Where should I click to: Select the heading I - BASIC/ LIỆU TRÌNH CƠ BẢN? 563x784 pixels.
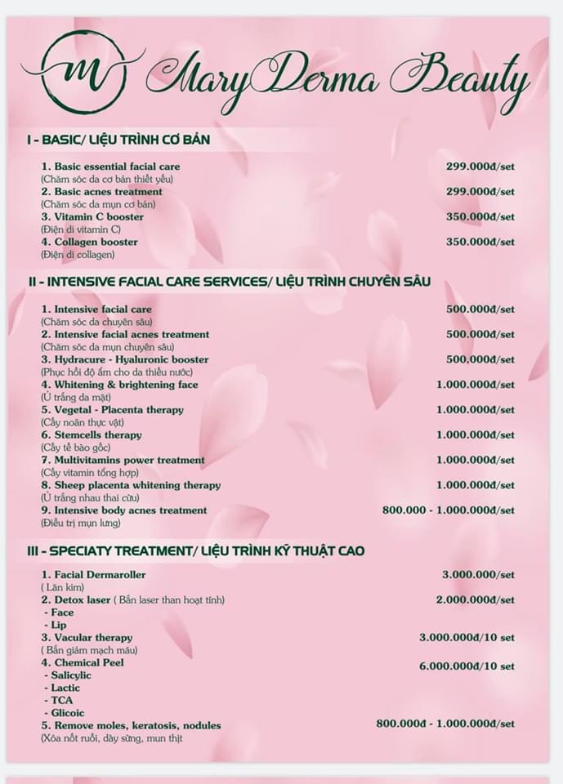(118, 140)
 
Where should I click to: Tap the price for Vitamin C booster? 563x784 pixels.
(480, 217)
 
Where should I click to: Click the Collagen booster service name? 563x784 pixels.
(90, 242)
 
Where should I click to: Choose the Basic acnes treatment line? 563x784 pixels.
(102, 192)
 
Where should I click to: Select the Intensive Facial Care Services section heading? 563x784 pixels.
(229, 282)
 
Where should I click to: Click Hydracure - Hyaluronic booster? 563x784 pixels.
(125, 359)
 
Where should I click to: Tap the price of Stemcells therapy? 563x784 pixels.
(475, 435)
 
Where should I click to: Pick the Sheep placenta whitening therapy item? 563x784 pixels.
(131, 485)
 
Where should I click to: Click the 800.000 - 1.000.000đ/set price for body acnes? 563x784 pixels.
(448, 510)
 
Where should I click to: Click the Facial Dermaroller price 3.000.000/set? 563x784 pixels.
(478, 575)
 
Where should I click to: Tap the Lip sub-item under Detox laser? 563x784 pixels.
(58, 625)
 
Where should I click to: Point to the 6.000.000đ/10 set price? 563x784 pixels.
(467, 666)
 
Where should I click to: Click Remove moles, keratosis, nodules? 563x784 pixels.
(131, 725)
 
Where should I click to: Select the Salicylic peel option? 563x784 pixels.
(70, 675)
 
